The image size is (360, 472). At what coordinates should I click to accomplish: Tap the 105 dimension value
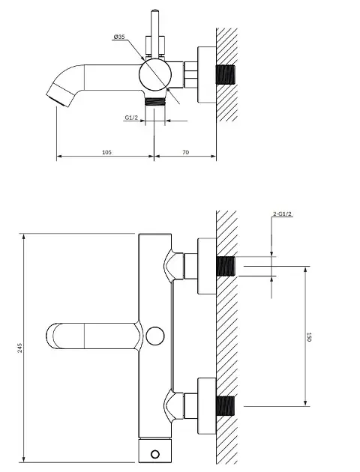(106, 152)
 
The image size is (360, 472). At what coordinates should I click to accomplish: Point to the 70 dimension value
(185, 152)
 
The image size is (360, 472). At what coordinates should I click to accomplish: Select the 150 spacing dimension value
(308, 337)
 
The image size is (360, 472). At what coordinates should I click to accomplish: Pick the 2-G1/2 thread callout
(283, 214)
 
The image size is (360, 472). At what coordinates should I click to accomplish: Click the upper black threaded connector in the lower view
(226, 266)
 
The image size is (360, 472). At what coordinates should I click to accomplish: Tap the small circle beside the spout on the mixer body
(154, 336)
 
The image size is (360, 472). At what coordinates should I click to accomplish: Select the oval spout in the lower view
(90, 336)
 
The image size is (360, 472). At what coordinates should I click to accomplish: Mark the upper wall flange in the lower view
(203, 266)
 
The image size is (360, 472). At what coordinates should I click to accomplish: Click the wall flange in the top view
(203, 76)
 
